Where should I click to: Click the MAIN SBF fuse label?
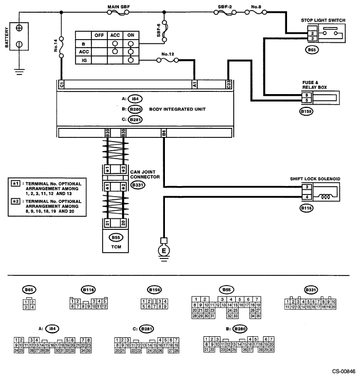tap(118, 7)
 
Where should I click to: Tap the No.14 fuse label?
tap(56, 45)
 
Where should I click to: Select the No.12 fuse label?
tap(168, 54)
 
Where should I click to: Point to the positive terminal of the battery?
tap(19, 27)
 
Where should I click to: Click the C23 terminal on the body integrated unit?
tap(228, 85)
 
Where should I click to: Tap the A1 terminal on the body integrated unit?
tap(195, 85)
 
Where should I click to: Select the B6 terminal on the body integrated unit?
tap(164, 133)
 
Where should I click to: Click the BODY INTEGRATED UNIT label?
tap(178, 109)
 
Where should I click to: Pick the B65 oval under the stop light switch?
tap(312, 50)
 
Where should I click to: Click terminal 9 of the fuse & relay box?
tap(307, 95)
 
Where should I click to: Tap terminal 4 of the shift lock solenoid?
tap(307, 197)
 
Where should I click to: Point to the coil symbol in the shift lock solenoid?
tap(326, 197)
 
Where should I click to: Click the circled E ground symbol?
tap(164, 251)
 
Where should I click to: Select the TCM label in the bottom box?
tap(116, 247)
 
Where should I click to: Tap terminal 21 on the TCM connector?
tap(107, 223)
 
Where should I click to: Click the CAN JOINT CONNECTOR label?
tap(145, 174)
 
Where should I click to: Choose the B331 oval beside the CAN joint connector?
tap(137, 185)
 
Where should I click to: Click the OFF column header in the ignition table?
tap(99, 35)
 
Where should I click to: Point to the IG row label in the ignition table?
tap(84, 60)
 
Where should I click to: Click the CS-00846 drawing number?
tap(344, 371)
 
